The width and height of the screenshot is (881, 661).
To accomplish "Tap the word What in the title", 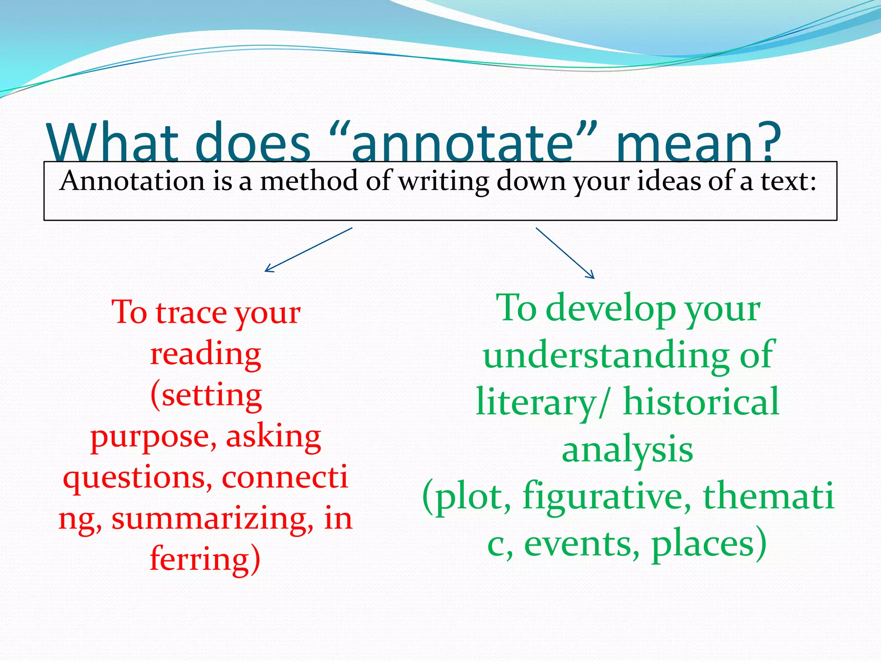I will click(113, 142).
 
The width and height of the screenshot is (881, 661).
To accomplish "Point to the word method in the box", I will click(309, 181).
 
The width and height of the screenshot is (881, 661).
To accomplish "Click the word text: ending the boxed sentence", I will click(788, 181).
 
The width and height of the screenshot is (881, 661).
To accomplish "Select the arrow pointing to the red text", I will click(308, 250).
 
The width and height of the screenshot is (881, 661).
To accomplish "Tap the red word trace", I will click(191, 312).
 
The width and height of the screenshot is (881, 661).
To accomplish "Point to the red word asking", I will click(274, 436).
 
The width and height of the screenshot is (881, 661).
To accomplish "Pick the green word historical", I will click(701, 402).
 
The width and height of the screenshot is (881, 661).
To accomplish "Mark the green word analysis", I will click(627, 450).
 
